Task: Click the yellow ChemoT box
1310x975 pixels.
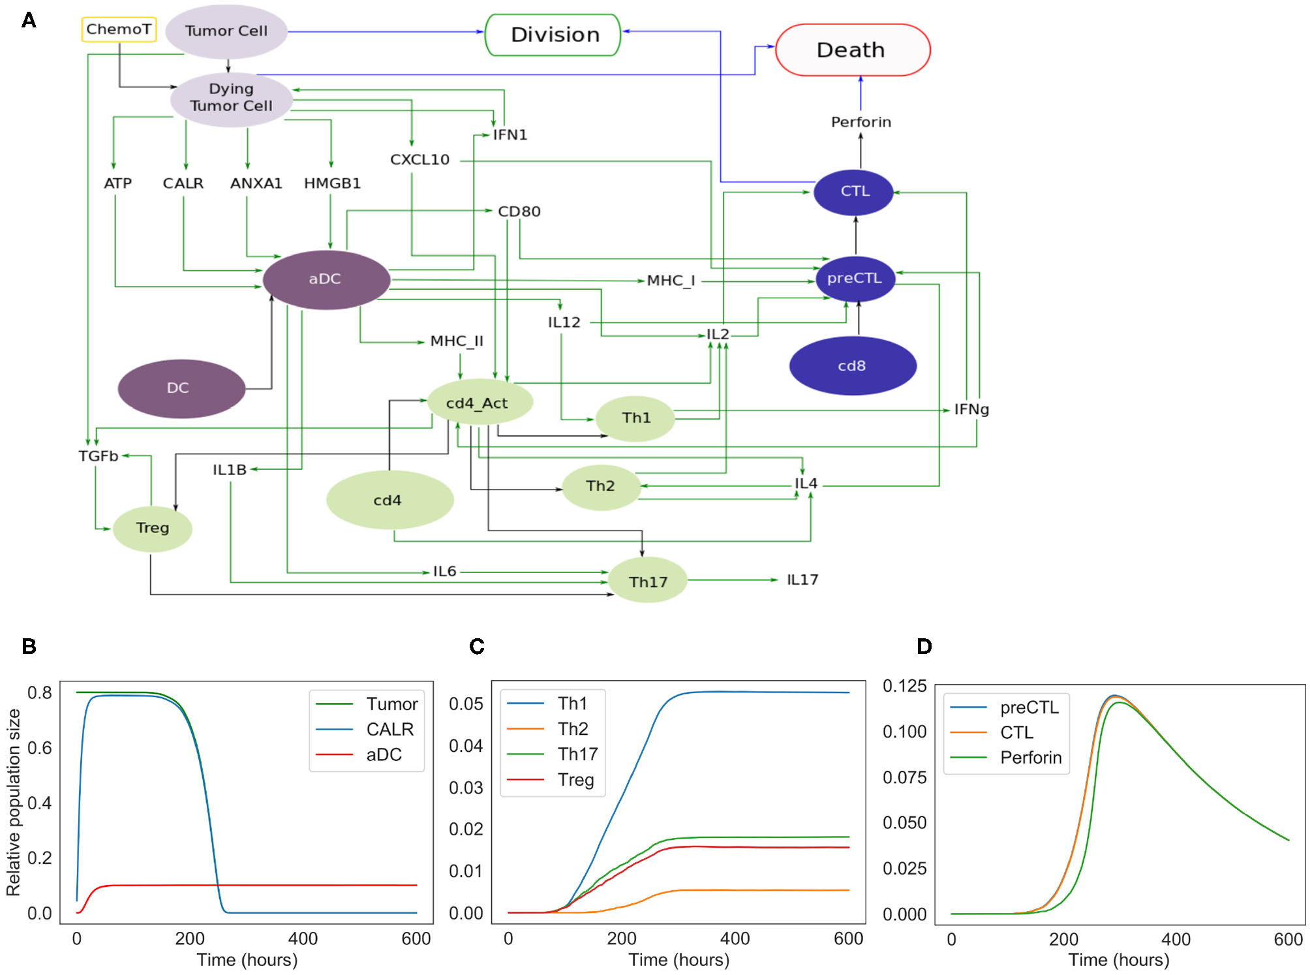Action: [x=119, y=29]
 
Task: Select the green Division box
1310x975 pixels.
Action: [x=553, y=35]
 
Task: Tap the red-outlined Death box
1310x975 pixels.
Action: [x=852, y=50]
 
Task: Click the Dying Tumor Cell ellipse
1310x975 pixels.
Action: [x=231, y=98]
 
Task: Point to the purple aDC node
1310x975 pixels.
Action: [x=326, y=279]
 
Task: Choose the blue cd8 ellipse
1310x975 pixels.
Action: [x=852, y=366]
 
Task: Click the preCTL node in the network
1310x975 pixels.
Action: [x=855, y=279]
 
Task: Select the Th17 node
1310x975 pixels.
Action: [x=647, y=581]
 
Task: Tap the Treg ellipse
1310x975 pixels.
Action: [x=152, y=528]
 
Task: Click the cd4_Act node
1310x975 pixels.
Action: [x=478, y=403]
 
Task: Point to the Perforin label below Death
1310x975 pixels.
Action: [x=861, y=123]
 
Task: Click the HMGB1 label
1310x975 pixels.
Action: [x=332, y=184]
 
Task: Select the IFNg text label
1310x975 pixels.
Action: [x=971, y=410]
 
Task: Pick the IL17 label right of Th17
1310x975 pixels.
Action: [x=802, y=580]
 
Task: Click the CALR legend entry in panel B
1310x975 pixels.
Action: [x=389, y=729]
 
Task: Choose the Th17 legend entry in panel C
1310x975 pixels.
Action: [x=577, y=754]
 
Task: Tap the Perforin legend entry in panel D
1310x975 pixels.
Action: [x=1030, y=758]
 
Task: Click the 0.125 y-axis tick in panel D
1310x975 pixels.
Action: [x=904, y=686]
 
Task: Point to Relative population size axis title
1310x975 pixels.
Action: [x=14, y=802]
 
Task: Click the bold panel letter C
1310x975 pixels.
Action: [x=477, y=647]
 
